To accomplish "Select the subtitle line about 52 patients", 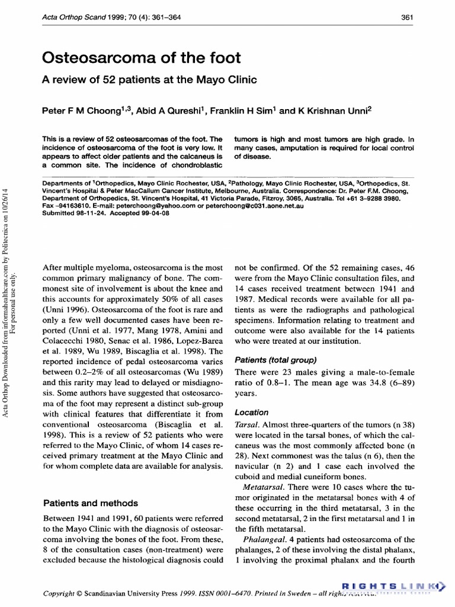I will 150,80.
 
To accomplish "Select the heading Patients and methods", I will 91,503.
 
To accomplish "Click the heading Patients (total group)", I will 275,360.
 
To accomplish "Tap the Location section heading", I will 252,412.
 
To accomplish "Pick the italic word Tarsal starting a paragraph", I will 246,425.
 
